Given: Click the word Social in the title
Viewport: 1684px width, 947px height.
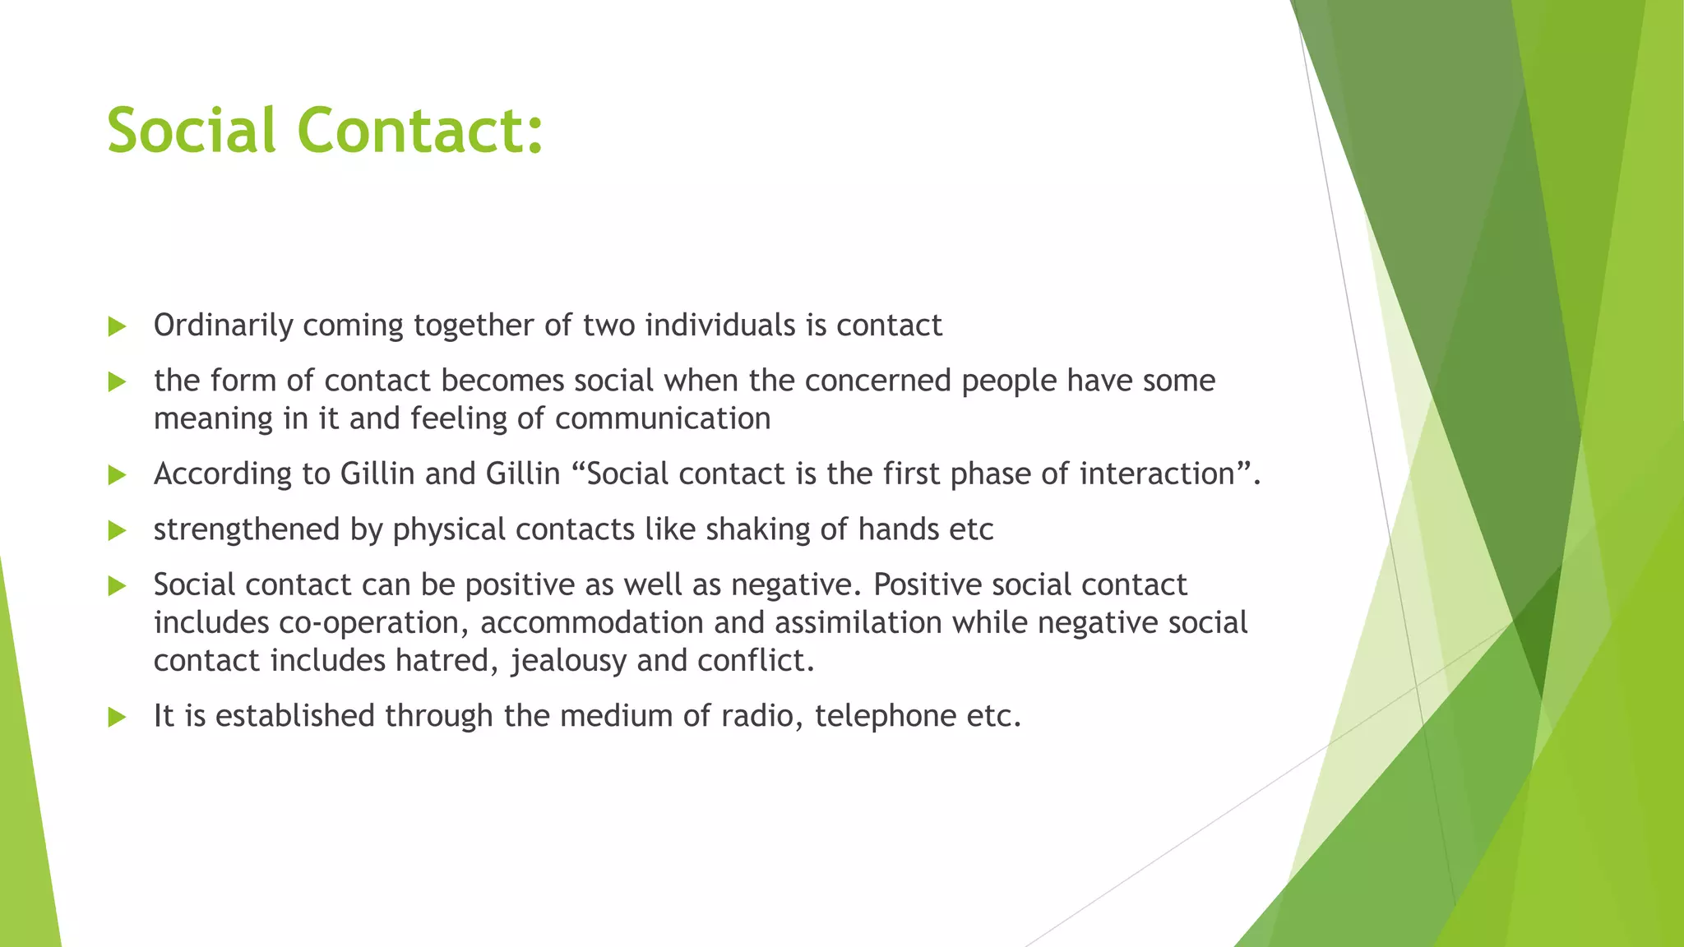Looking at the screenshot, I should pos(191,131).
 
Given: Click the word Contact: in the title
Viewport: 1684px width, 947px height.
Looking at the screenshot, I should pos(420,131).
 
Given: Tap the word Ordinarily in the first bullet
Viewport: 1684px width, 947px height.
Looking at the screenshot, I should pos(223,326).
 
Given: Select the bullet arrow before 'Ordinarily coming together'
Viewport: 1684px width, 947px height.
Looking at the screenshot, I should pos(117,327).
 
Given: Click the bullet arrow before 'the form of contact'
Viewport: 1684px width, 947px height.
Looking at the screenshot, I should pos(117,382).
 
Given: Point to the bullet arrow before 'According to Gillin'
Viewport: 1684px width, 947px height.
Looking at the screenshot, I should pos(117,475).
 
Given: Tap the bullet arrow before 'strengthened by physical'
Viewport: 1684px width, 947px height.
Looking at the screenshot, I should pos(117,530).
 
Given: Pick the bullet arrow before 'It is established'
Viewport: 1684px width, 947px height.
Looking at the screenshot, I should pos(117,717).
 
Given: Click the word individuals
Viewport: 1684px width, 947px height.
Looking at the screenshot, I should pos(719,326).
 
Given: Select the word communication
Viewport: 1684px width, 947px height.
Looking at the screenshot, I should pos(663,419).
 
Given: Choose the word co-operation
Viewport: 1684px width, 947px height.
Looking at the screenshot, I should pos(374,623).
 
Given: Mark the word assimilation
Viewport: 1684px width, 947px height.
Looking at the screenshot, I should pos(858,623).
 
